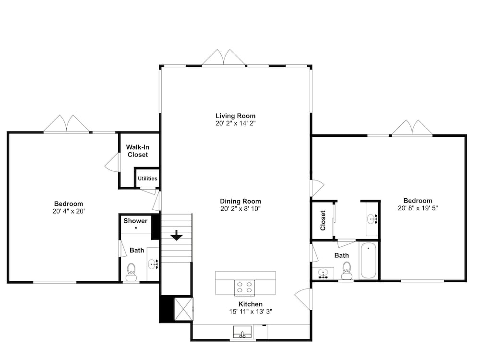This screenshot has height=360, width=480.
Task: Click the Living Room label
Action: click(235, 116)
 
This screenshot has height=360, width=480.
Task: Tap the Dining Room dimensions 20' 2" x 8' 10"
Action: click(240, 209)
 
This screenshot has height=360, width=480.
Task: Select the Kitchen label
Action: click(251, 304)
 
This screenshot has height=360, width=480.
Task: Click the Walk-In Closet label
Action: click(138, 151)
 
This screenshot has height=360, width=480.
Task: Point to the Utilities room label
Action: click(147, 179)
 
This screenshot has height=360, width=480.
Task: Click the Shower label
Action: click(135, 221)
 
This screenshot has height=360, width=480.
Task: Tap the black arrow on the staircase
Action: click(177, 235)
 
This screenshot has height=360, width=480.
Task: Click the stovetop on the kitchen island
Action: click(244, 288)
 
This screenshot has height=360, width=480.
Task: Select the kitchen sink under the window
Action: click(242, 332)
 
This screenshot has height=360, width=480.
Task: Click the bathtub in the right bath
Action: click(368, 260)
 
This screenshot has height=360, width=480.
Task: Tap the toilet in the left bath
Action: click(132, 272)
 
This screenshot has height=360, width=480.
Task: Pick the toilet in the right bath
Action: click(347, 271)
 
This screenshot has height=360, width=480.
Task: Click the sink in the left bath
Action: click(153, 264)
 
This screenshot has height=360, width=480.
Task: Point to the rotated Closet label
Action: click(323, 220)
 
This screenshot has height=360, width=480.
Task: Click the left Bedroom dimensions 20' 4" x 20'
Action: click(69, 211)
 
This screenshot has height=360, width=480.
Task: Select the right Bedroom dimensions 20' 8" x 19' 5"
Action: click(418, 208)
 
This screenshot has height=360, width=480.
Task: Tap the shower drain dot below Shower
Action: click(136, 228)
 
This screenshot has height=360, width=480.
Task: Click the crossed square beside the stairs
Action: click(184, 309)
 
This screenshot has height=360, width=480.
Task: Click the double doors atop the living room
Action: click(224, 58)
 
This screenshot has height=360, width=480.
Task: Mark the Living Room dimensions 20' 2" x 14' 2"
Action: click(235, 123)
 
